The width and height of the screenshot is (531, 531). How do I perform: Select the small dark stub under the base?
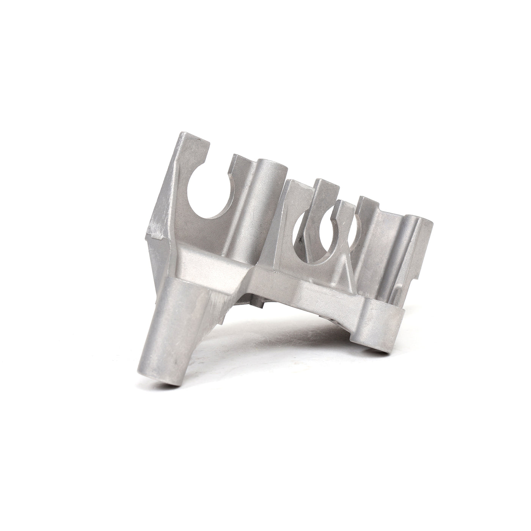pyautogui.click(x=259, y=303)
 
